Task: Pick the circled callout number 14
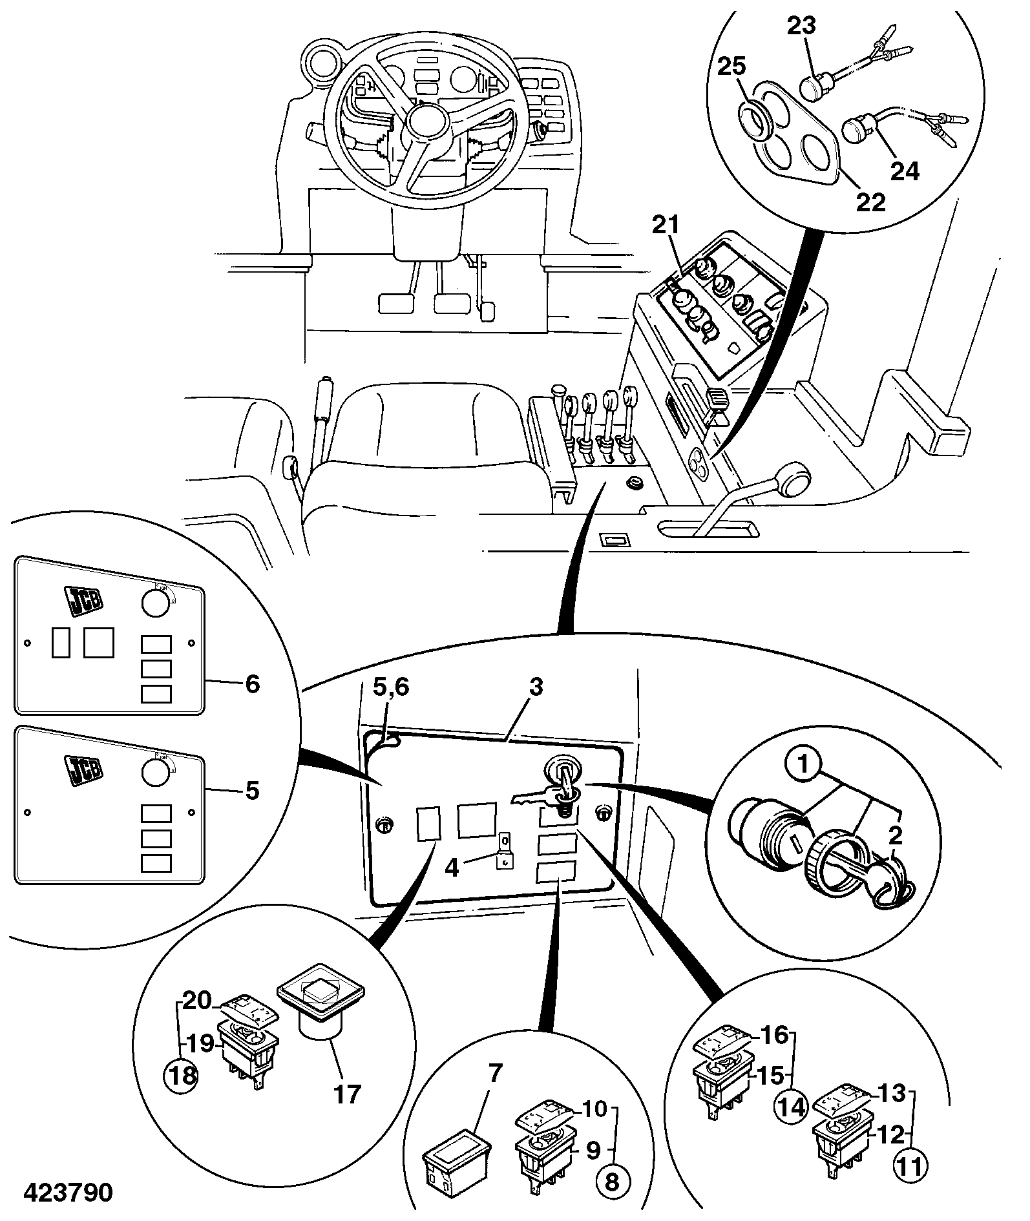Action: [x=791, y=1107]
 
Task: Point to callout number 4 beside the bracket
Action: [x=452, y=868]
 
